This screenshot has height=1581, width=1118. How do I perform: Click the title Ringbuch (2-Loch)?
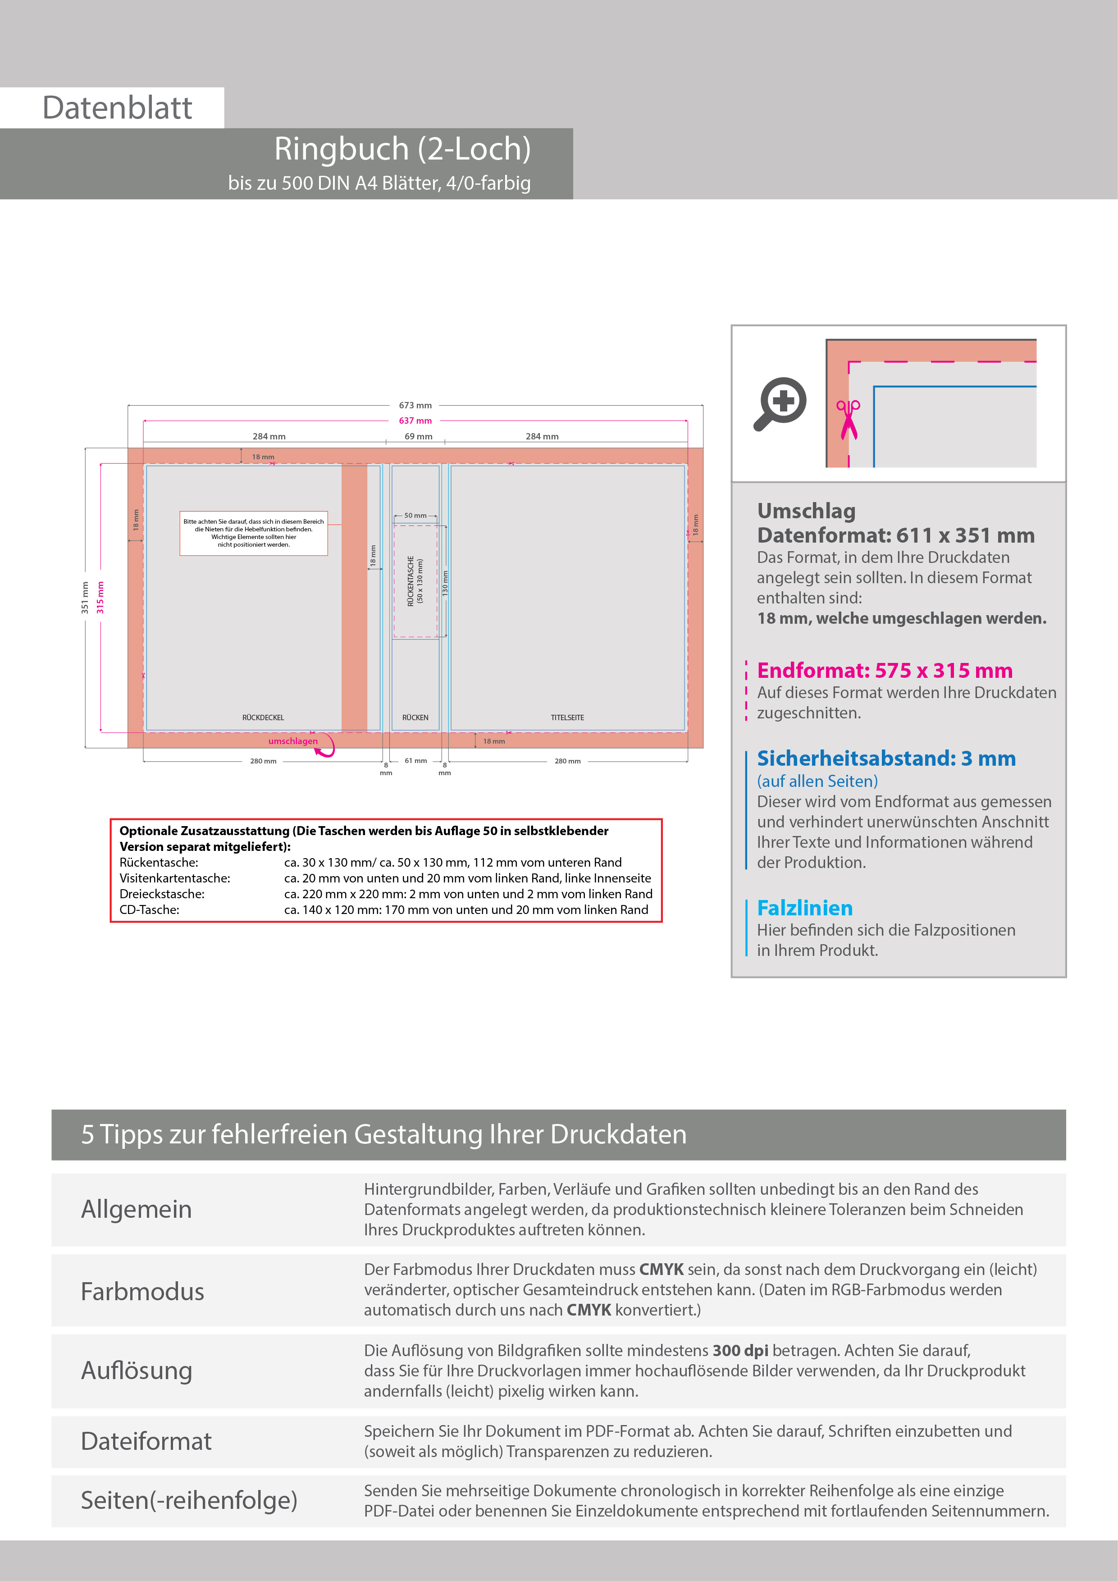402,149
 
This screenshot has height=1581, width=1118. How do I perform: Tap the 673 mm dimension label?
415,406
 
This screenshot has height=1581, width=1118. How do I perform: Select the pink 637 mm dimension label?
415,421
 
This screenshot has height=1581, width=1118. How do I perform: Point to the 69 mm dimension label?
419,437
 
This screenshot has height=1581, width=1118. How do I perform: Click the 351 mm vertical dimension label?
85,597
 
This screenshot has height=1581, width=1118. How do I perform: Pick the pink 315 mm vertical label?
100,597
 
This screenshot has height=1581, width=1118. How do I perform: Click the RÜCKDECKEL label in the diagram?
263,717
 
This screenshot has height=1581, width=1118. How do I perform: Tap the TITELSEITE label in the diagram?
567,717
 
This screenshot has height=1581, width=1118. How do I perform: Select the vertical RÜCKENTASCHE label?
411,580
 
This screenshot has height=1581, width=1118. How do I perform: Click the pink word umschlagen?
292,741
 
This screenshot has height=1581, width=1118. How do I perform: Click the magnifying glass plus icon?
780,403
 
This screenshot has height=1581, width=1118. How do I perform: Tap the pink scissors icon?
848,419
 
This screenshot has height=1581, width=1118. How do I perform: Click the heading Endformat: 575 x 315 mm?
885,670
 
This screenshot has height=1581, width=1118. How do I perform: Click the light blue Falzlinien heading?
805,908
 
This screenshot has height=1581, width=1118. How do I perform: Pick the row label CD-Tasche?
150,909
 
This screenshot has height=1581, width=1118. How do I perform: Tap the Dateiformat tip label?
146,1441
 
